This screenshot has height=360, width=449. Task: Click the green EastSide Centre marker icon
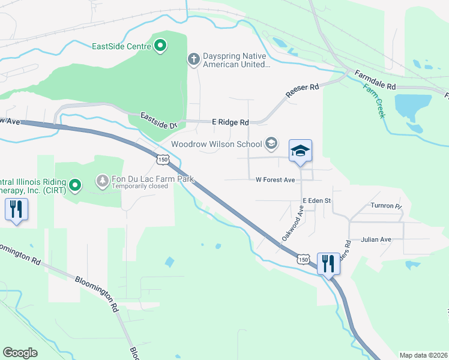tap(160, 46)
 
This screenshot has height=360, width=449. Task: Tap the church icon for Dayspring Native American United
tap(193, 59)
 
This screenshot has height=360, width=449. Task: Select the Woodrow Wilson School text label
tap(216, 144)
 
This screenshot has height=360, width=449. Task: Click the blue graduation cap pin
tap(301, 151)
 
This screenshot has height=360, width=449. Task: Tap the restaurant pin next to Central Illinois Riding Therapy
tap(16, 210)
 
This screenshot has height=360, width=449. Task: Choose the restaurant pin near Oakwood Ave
tap(328, 263)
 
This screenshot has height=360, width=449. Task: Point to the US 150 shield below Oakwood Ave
tap(303, 259)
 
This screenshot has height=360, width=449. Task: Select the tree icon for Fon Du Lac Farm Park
tap(103, 179)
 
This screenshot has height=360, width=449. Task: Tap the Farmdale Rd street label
tap(375, 80)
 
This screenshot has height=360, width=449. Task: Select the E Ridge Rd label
tap(230, 122)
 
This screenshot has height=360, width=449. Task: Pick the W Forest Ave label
tap(275, 179)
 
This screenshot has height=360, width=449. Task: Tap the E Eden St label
tap(317, 200)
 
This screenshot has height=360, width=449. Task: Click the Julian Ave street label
tap(376, 239)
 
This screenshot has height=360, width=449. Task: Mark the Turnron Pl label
tap(385, 206)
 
